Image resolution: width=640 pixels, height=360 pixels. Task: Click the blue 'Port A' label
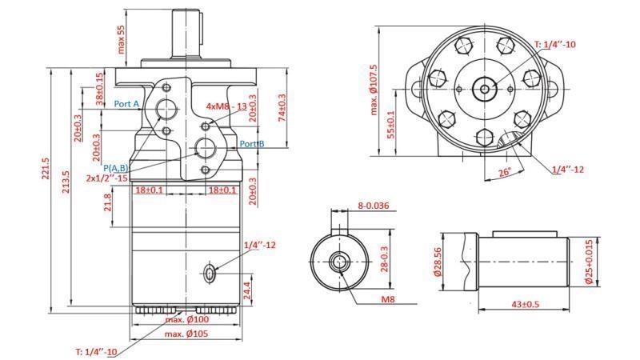[x=126, y=104]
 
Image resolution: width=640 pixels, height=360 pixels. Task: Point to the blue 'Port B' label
[x=252, y=144]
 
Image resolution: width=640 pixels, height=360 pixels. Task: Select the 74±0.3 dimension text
[x=282, y=108]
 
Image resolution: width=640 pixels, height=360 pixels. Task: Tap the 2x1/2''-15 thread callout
[x=107, y=178]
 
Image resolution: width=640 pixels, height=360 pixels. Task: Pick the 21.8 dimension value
[x=108, y=206]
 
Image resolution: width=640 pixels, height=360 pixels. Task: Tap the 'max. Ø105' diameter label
[x=186, y=334]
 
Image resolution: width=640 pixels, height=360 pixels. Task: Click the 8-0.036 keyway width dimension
[x=373, y=206]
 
